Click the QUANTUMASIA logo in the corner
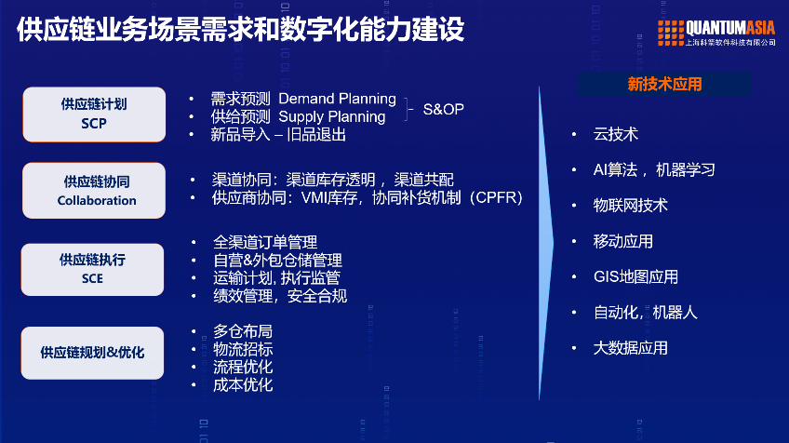pos(716,33)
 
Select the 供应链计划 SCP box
pos(94,114)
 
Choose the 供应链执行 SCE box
pos(93,269)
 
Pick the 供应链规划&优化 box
pos(93,353)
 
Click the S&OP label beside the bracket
pos(443,108)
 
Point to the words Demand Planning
pos(337,99)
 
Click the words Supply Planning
pos(331,116)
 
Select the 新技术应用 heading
pos(664,84)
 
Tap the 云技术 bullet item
pos(616,134)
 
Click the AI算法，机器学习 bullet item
pos(654,169)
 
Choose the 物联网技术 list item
pos(631,205)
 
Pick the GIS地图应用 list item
pos(635,276)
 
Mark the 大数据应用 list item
pos(631,348)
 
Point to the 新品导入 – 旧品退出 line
pos(279,134)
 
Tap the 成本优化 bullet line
pos(243,384)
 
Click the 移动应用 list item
pos(623,241)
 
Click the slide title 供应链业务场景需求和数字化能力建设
pos(240,30)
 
